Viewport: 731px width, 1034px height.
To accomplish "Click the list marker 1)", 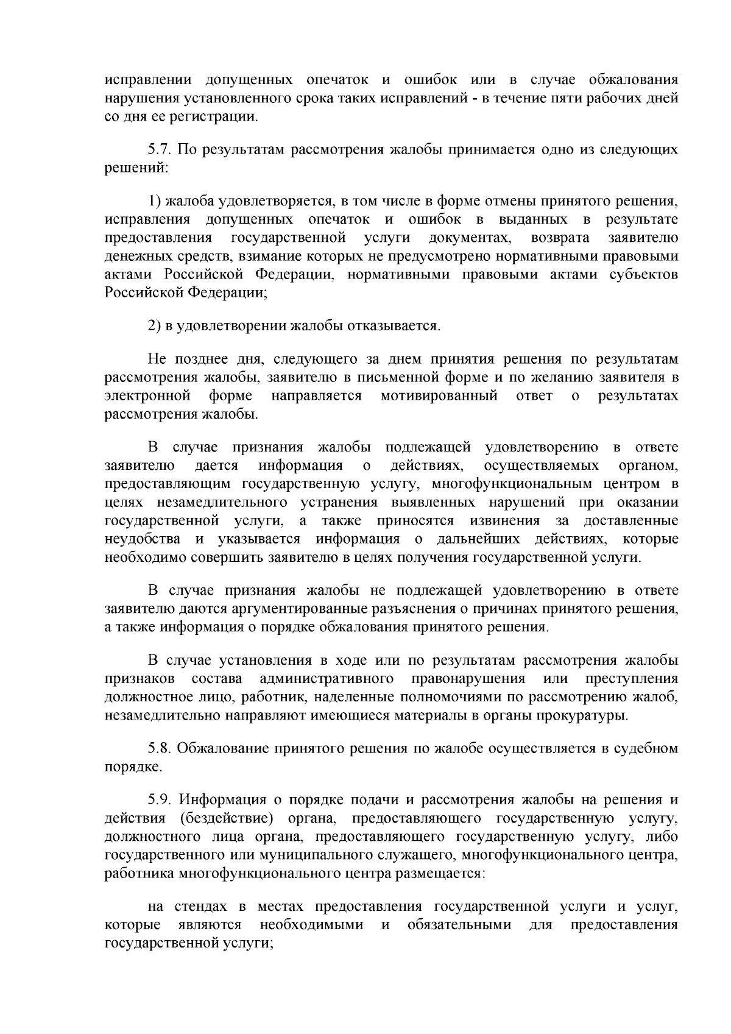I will tap(155, 200).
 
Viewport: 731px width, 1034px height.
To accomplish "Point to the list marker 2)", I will tap(155, 325).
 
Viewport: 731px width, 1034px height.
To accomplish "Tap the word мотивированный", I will tap(439, 396).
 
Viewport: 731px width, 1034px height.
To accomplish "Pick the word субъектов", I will tap(643, 274).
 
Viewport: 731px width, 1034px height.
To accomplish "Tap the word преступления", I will tap(631, 679).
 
